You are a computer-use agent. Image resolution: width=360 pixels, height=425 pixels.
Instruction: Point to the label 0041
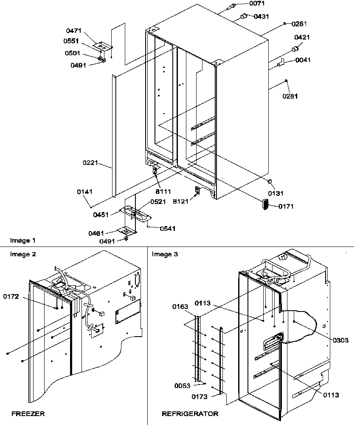[x=303, y=60]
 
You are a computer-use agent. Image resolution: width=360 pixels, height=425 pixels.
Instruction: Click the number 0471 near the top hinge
[x=74, y=31]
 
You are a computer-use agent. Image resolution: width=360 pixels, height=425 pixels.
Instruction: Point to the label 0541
[x=167, y=229]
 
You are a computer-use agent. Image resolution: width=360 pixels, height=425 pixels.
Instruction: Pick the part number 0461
[x=97, y=233]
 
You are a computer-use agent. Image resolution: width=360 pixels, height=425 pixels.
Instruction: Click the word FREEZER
[x=28, y=413]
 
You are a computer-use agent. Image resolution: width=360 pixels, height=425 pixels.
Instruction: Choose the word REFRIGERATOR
[x=190, y=413]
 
